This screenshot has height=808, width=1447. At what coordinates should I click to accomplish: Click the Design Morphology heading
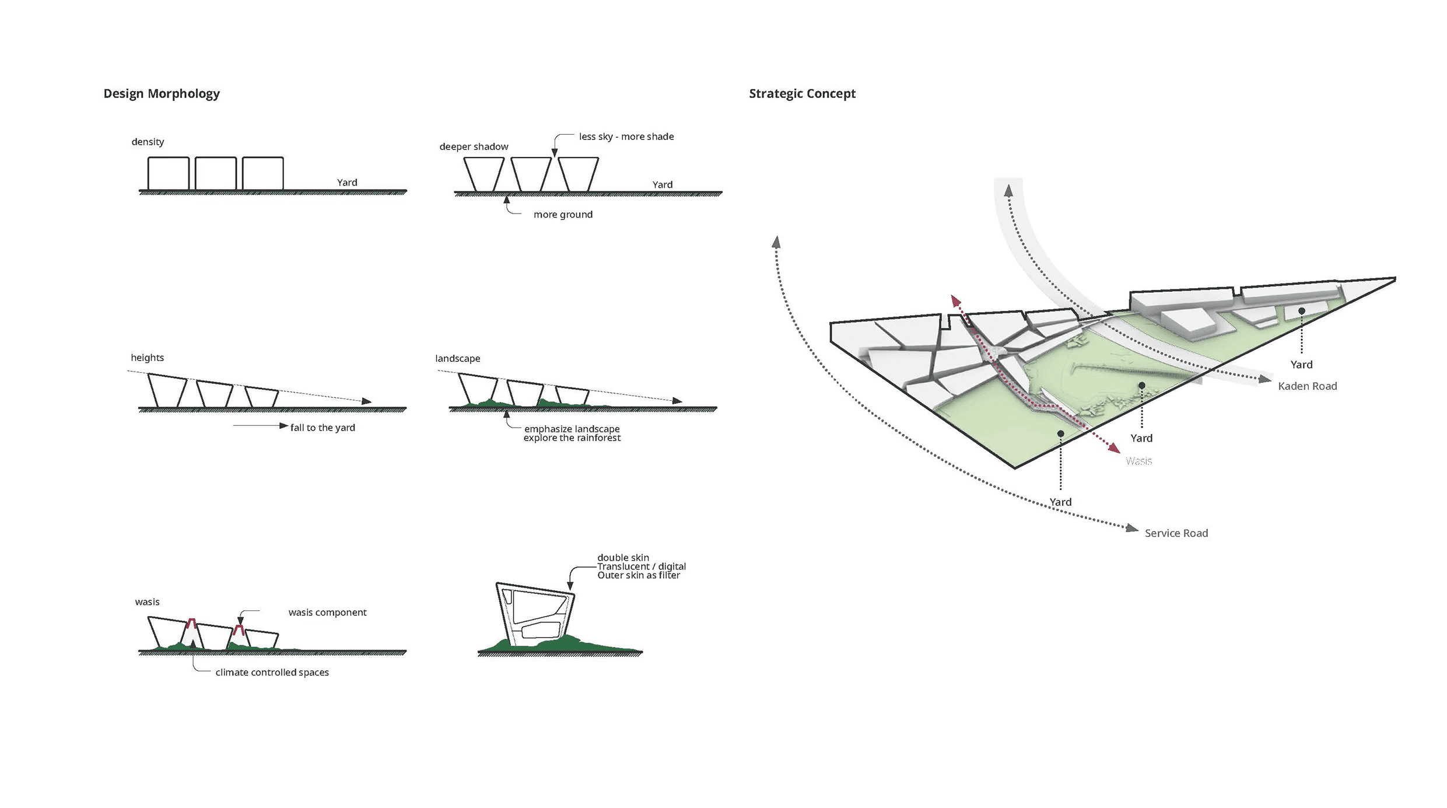coord(162,93)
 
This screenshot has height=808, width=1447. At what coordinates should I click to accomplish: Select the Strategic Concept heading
coord(802,93)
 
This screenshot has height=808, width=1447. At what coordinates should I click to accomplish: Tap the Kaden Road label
coord(1307,386)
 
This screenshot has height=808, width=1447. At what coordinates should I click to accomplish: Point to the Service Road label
coord(1176,533)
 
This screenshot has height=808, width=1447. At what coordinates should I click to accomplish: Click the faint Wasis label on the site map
coord(1138,461)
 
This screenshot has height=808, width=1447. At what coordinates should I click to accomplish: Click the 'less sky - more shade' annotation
coord(626,137)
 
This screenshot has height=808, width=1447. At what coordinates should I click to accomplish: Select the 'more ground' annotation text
coord(563,215)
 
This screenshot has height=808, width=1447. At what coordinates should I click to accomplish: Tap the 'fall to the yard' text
coord(323,428)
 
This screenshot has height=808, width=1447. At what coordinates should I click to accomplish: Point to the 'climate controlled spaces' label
coord(272,673)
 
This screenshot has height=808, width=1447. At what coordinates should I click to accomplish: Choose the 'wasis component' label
coord(327,613)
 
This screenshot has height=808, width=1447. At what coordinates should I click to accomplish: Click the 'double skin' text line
coord(623,558)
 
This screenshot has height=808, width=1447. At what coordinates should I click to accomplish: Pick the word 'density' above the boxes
coord(148,142)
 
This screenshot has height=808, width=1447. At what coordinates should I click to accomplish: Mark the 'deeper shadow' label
coord(474,146)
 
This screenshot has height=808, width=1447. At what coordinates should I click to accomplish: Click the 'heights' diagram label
coord(147,358)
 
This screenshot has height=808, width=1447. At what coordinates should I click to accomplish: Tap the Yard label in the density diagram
coord(347,183)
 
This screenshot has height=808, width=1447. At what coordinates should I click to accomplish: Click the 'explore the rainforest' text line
coord(572,438)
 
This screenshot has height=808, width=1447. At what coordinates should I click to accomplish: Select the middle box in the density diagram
coord(215,173)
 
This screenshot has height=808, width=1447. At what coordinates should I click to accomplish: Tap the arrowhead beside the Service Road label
coord(1132,529)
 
